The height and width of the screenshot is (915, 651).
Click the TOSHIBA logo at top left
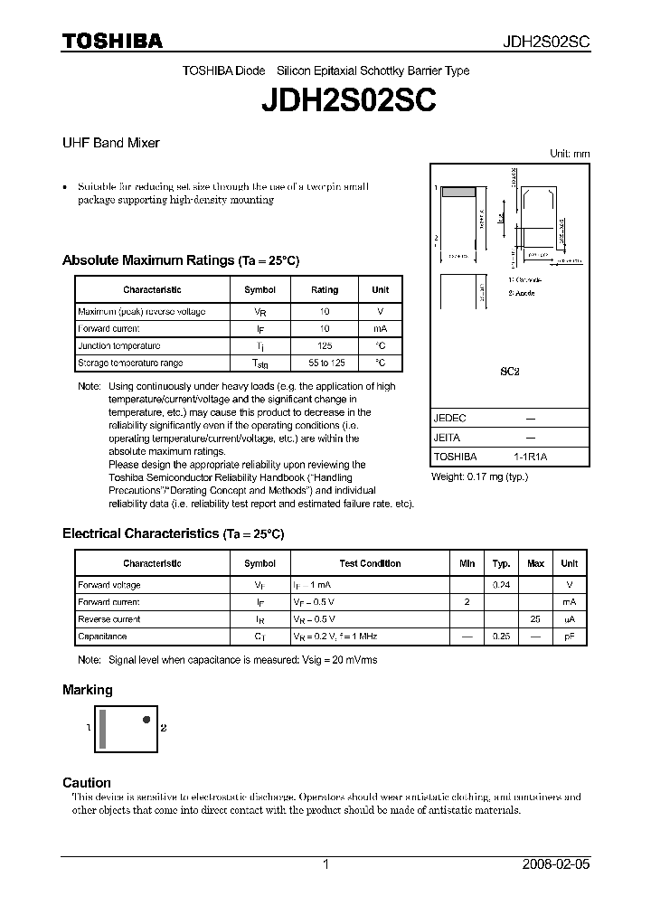point(112,41)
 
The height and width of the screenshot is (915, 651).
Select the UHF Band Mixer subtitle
point(110,143)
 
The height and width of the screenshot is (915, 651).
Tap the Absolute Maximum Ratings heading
point(180,260)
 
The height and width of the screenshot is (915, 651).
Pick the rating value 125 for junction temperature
point(325,346)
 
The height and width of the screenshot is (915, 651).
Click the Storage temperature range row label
point(130,363)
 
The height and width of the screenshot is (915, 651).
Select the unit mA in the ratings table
point(380,329)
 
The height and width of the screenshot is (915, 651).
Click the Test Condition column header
point(370,563)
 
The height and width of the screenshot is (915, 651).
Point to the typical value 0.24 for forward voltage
point(501,585)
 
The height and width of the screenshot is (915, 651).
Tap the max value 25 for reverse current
point(535,619)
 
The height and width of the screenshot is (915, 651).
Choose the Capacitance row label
point(102,637)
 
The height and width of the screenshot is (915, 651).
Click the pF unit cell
point(569,637)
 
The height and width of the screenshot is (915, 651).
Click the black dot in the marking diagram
point(146,720)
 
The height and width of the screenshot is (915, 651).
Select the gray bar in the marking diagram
point(103,728)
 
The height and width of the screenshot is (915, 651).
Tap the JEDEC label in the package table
point(449,419)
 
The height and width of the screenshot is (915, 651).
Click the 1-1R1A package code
point(530,457)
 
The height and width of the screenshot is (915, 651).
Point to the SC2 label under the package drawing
point(510,371)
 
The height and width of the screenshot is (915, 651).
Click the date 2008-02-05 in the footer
point(555,864)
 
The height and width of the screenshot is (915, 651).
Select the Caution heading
point(87,782)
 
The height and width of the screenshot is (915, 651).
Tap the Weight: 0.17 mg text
point(479,476)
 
